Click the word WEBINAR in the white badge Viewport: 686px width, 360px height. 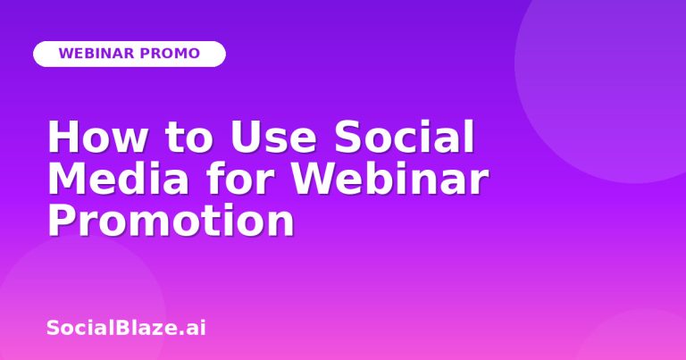click(x=96, y=54)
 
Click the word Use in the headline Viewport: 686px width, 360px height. click(x=273, y=137)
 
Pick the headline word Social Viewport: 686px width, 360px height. click(x=405, y=136)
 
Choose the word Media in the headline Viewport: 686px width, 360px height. click(x=119, y=178)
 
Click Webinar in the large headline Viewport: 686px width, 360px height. click(x=389, y=178)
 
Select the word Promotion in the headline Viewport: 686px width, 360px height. click(x=171, y=220)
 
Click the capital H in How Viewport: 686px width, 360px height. click(x=63, y=137)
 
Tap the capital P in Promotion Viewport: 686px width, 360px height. click(x=62, y=220)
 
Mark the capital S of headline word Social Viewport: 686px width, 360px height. click(x=348, y=137)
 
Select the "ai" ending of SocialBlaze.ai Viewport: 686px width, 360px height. click(x=196, y=328)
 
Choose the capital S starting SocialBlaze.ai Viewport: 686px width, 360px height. click(x=53, y=328)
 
